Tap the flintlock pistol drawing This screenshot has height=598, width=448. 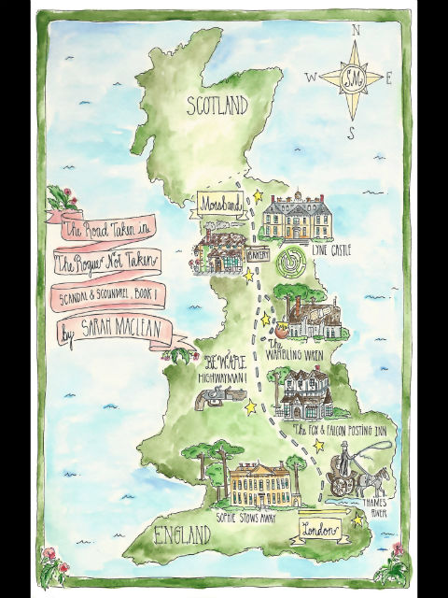214,399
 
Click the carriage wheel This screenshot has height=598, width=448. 343,486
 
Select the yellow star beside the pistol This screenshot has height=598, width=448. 250,406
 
